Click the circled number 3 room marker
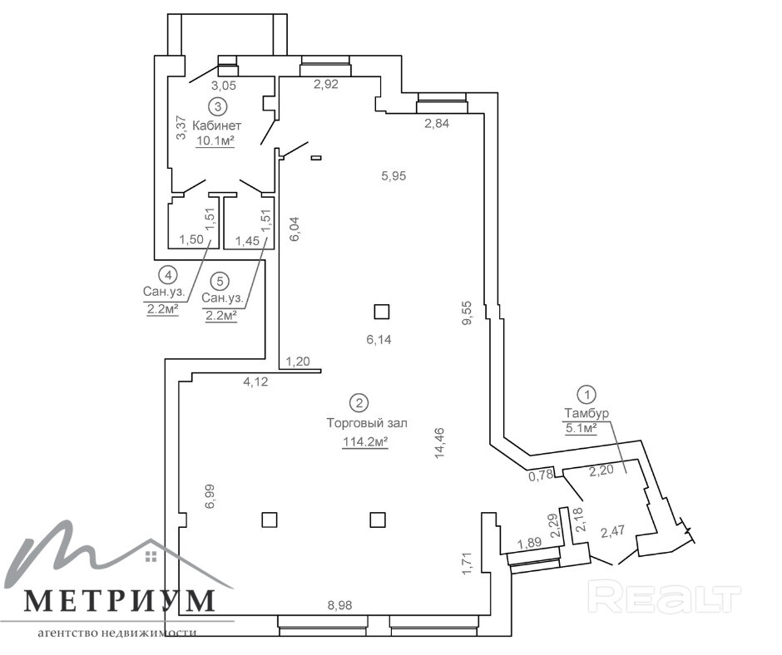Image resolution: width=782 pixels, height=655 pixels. [x=217, y=106]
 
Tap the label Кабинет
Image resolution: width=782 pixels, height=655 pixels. [x=217, y=126]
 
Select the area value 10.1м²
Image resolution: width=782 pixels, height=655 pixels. [x=215, y=140]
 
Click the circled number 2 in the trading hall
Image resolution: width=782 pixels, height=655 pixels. [x=359, y=404]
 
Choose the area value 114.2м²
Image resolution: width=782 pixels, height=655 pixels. [x=366, y=443]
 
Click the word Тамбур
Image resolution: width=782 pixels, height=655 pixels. [x=586, y=413]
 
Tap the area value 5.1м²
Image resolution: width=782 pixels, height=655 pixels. [x=582, y=429]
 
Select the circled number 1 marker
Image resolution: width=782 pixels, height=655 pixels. [x=587, y=394]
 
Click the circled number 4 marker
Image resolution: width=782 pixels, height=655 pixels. [x=168, y=273]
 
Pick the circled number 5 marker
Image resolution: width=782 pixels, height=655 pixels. [x=220, y=281]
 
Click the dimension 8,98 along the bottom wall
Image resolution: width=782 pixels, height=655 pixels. [x=339, y=606]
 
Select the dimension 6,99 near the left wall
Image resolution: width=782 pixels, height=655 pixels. [x=210, y=496]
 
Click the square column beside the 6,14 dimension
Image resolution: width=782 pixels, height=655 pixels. [x=381, y=312]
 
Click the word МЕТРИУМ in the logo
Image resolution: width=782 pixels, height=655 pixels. [x=119, y=599]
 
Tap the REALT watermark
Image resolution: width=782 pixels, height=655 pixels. [x=664, y=598]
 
